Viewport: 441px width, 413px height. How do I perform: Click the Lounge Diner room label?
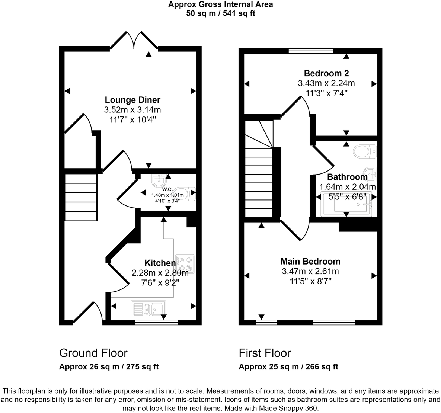(x=132, y=100)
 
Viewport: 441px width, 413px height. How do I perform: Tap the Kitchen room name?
(x=160, y=263)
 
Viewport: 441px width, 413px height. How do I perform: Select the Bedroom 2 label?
(x=326, y=73)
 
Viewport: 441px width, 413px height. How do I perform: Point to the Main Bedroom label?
(x=310, y=261)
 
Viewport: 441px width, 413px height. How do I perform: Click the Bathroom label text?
(x=347, y=177)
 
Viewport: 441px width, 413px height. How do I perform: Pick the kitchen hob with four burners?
(x=185, y=263)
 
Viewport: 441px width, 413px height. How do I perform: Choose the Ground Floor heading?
(x=93, y=353)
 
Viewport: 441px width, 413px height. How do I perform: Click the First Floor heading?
(x=265, y=353)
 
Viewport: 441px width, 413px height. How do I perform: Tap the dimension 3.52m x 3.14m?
(x=132, y=110)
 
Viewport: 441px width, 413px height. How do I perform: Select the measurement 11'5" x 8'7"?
(x=310, y=281)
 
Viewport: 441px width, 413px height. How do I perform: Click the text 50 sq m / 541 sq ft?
(x=220, y=13)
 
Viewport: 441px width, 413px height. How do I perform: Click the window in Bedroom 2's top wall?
(x=311, y=51)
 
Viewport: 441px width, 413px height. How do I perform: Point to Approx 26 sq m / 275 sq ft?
(x=109, y=367)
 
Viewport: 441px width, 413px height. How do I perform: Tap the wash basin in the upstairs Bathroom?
(x=371, y=172)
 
